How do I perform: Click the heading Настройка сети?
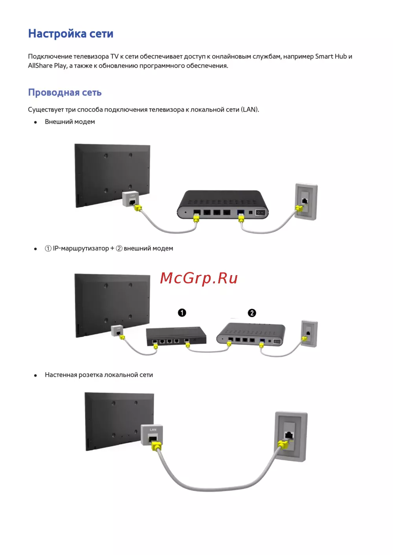pyautogui.click(x=71, y=33)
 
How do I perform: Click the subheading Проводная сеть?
pyautogui.click(x=65, y=92)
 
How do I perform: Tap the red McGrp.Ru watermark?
pyautogui.click(x=199, y=278)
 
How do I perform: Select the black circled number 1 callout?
pyautogui.click(x=182, y=313)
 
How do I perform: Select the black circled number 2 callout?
pyautogui.click(x=252, y=313)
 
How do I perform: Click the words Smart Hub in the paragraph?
pyautogui.click(x=331, y=57)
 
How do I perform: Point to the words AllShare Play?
pyautogui.click(x=47, y=66)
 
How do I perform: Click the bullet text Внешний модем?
pyautogui.click(x=70, y=122)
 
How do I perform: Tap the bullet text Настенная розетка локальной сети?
pyautogui.click(x=99, y=375)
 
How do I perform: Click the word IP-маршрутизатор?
pyautogui.click(x=81, y=248)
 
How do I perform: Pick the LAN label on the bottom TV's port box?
pyautogui.click(x=153, y=430)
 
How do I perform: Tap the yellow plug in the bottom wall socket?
pyautogui.click(x=284, y=444)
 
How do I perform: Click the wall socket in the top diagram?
pyautogui.click(x=306, y=201)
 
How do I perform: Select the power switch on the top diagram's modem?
pyautogui.click(x=260, y=213)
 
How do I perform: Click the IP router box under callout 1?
pyautogui.click(x=176, y=336)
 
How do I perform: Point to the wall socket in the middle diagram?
pyautogui.click(x=309, y=334)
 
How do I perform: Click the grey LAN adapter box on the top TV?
pyautogui.click(x=130, y=199)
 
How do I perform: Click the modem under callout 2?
pyautogui.click(x=251, y=334)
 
